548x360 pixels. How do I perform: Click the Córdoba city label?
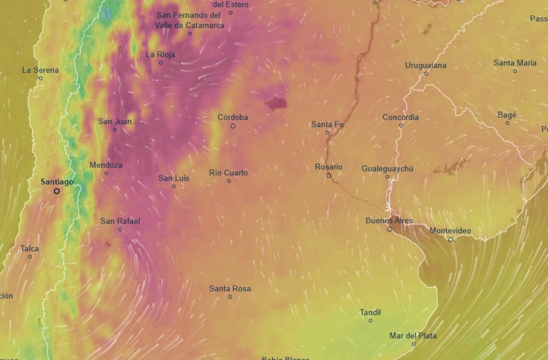coord(232,117)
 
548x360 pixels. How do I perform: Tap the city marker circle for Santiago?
coord(57,191)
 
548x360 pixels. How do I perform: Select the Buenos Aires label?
coord(389,221)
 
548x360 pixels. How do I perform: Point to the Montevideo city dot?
coord(450,239)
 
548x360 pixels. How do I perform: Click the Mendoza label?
coord(106,165)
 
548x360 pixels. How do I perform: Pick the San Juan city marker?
coord(115,130)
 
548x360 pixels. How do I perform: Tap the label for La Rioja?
coord(160,55)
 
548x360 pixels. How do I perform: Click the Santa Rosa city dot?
coord(230,297)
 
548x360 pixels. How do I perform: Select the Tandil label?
coord(370,313)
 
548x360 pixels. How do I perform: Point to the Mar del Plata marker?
coord(413,344)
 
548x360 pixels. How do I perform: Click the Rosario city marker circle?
coord(328,175)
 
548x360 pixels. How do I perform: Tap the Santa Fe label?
coord(327,124)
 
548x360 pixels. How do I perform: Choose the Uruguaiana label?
coord(426,65)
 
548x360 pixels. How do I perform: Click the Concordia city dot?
coord(401,125)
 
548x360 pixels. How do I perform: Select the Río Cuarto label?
coord(228,173)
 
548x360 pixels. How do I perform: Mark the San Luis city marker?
coord(174,186)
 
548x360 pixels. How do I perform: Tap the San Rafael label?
coord(120,221)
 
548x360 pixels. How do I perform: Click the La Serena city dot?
coord(40,78)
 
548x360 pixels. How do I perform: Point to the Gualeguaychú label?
coord(387,169)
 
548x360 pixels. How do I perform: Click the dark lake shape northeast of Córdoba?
coord(276,104)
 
